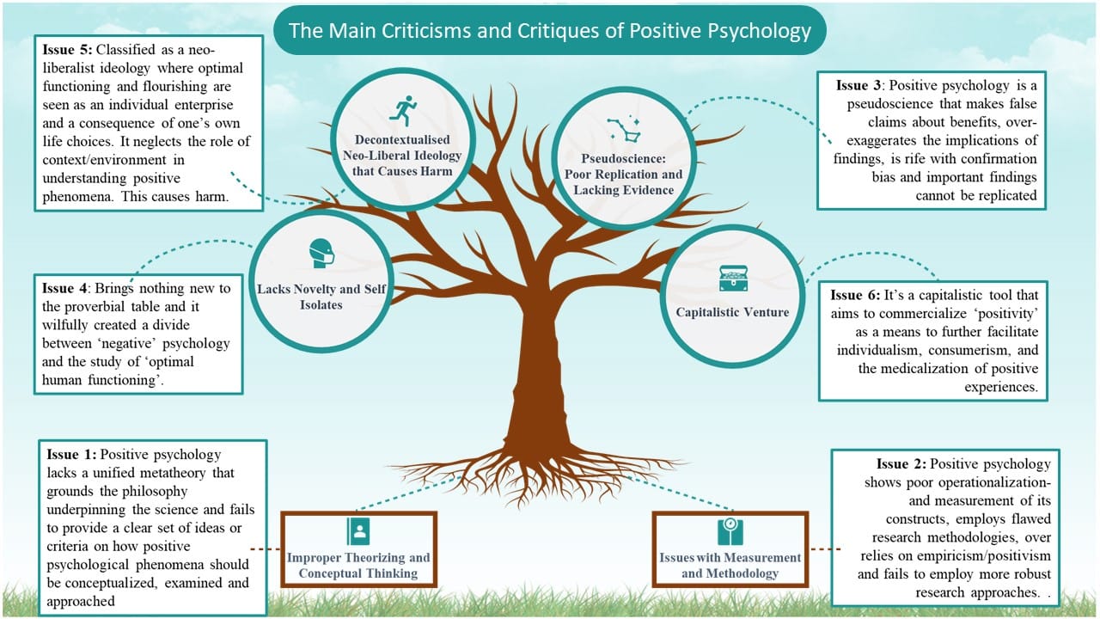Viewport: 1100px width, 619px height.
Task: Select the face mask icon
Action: point(321,253)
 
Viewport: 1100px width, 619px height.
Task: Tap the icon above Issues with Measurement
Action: point(730,531)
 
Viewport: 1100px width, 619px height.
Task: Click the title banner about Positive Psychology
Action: point(550,31)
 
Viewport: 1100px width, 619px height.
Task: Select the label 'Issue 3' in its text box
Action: point(859,86)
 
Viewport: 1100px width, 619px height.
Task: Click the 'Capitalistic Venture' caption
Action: point(731,312)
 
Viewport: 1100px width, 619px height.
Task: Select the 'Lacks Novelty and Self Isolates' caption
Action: point(321,297)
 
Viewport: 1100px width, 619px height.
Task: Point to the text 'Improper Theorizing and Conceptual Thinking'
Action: point(359,566)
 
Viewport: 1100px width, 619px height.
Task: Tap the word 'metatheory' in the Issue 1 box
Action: point(202,473)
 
